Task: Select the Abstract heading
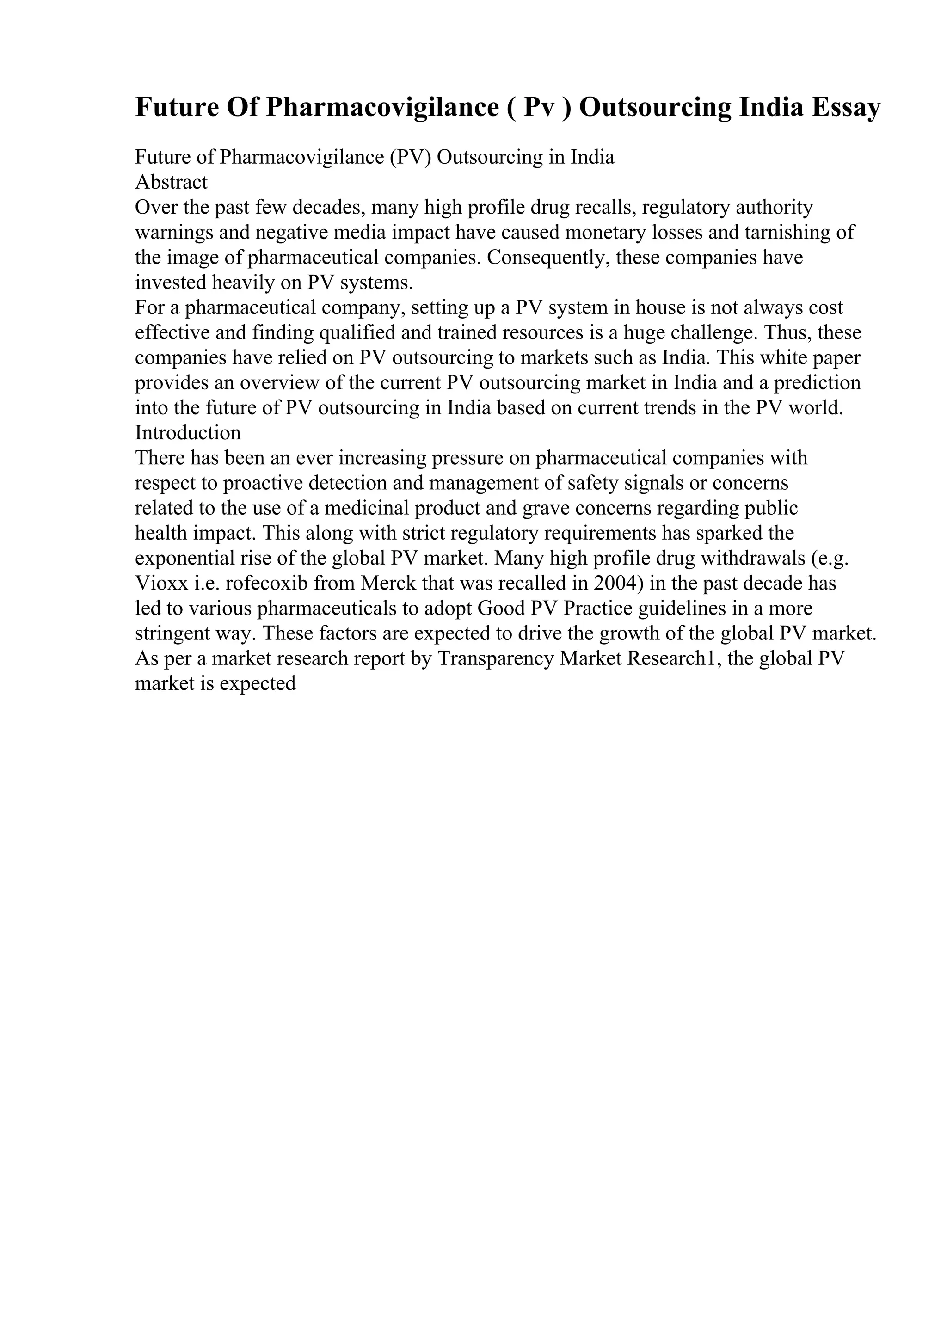171,182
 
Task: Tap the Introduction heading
188,432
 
